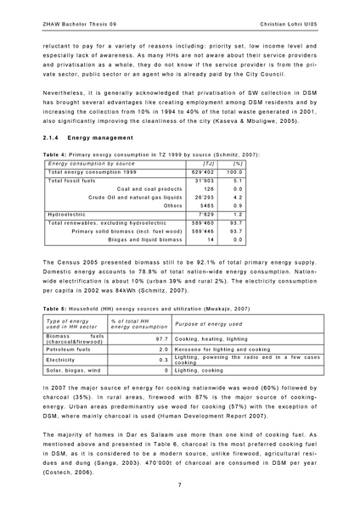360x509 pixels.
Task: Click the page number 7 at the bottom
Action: pyautogui.click(x=180, y=484)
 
